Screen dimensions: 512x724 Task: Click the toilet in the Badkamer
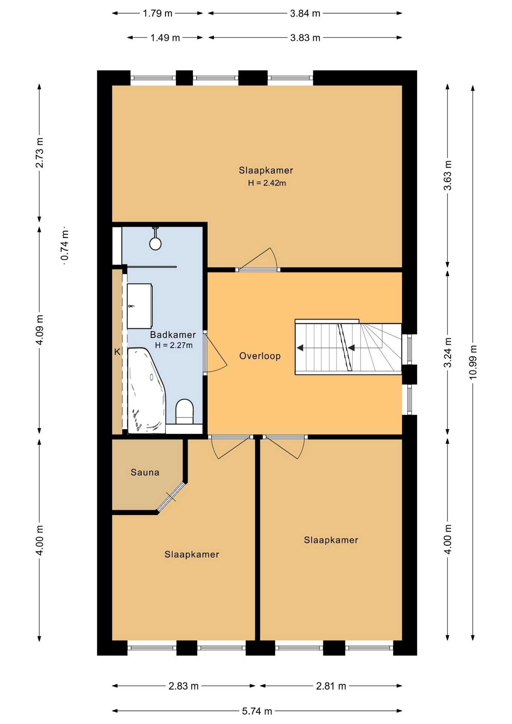click(185, 412)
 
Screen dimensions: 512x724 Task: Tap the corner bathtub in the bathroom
click(146, 391)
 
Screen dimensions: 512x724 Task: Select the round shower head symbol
click(155, 244)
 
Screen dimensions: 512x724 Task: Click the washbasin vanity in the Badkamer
click(139, 306)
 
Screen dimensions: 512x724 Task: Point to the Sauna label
click(145, 472)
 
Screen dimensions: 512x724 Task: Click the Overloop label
click(260, 356)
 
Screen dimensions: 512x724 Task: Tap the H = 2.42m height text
click(267, 183)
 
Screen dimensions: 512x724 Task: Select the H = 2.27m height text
click(174, 345)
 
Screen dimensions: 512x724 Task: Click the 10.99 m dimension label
click(473, 362)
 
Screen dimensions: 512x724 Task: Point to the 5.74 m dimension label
click(257, 711)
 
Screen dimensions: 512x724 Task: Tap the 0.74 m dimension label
click(64, 246)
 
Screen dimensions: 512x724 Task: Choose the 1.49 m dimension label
click(165, 38)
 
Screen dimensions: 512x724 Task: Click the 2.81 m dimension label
click(331, 686)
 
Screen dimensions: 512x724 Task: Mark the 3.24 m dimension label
click(448, 352)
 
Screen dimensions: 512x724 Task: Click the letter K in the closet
click(117, 352)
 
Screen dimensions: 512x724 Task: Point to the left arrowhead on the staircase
click(300, 348)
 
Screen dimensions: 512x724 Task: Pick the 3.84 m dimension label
click(305, 14)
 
